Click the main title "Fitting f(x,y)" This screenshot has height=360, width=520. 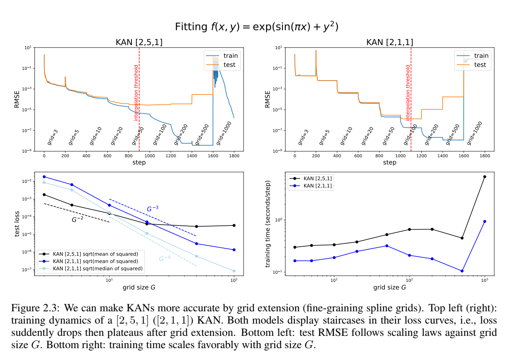click(257, 27)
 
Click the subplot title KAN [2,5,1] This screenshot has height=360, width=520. click(139, 43)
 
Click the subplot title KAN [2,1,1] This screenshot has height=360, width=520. click(389, 43)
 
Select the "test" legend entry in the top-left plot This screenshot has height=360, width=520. click(229, 65)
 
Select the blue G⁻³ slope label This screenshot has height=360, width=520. click(153, 209)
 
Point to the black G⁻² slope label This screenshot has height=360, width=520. click(77, 220)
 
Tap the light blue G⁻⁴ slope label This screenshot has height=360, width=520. click(165, 258)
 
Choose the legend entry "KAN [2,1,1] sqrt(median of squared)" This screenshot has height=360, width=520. click(98, 269)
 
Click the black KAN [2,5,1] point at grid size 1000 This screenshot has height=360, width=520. click(485, 177)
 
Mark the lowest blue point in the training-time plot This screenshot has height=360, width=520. click(462, 271)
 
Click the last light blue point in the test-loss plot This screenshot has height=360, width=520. click(234, 271)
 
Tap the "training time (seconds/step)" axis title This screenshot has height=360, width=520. click(268, 225)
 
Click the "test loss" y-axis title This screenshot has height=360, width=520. click(17, 225)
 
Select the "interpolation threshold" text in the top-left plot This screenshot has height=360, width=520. click(136, 92)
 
